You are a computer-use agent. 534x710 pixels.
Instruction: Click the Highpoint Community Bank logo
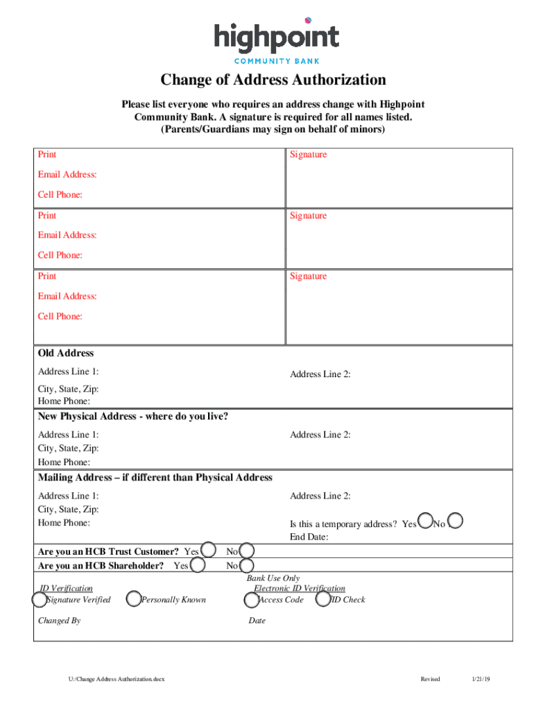[x=276, y=40]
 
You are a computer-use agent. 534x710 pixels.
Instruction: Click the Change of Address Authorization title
[x=273, y=80]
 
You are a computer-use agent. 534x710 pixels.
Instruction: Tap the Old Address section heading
[x=66, y=353]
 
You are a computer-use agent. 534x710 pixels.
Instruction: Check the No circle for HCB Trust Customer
[x=246, y=551]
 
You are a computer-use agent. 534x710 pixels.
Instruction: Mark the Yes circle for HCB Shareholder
[x=198, y=566]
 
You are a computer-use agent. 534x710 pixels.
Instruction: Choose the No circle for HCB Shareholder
[x=246, y=566]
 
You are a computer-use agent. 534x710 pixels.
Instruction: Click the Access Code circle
[x=252, y=599]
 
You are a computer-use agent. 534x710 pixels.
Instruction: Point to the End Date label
[x=309, y=537]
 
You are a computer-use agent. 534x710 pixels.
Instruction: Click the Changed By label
[x=59, y=621]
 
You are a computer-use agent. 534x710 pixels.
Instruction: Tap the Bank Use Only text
[x=273, y=578]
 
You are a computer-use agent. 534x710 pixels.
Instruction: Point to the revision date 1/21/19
[x=481, y=679]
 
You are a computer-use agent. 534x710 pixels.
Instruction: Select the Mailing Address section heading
[x=155, y=478]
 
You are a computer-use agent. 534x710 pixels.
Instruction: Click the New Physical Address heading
[x=133, y=417]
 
